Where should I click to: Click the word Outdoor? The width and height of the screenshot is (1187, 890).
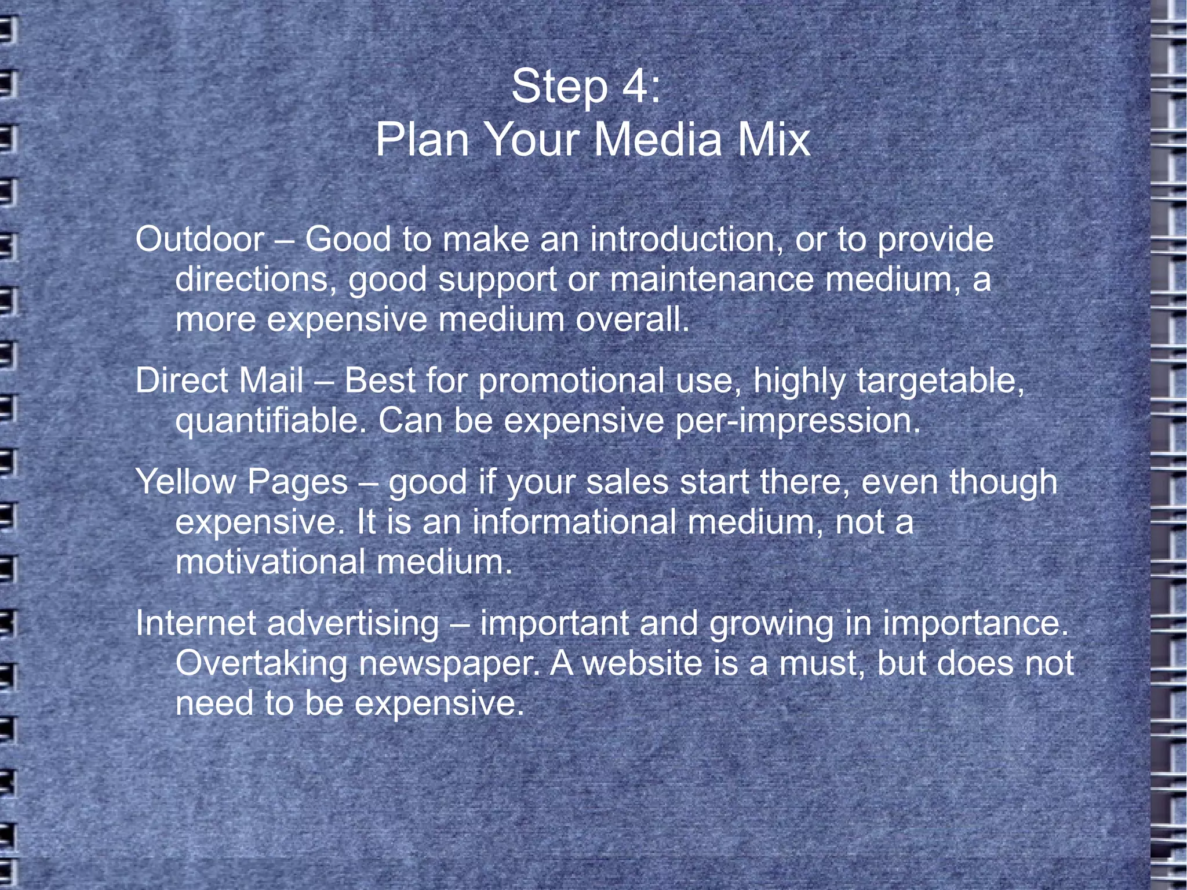[x=199, y=239]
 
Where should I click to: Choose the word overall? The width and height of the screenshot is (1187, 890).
[x=632, y=319]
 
